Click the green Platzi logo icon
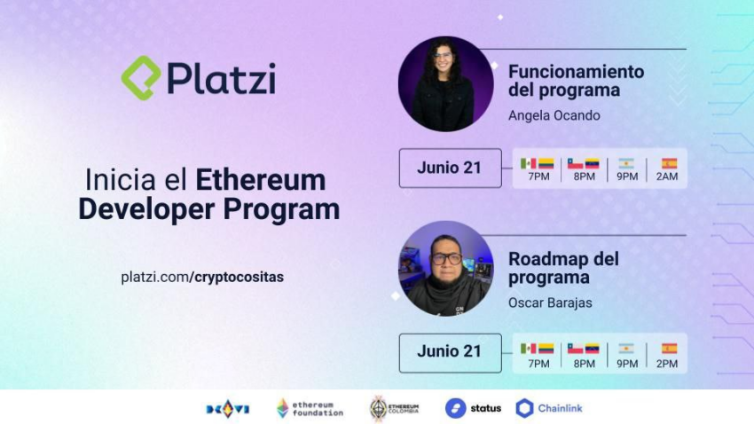140,78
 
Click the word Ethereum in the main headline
261,180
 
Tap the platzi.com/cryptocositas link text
202,278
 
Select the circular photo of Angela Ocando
446,83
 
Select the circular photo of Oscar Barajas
446,268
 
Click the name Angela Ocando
554,116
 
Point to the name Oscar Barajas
550,302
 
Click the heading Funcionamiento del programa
576,81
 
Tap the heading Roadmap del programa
563,268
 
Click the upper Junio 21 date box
450,168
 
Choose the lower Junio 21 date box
450,353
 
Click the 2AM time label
667,177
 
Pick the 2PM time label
667,364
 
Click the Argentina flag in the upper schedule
626,163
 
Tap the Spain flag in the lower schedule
669,349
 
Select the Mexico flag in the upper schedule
528,163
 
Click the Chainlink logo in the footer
549,408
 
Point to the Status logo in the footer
473,408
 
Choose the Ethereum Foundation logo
310,409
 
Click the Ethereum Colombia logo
395,409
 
